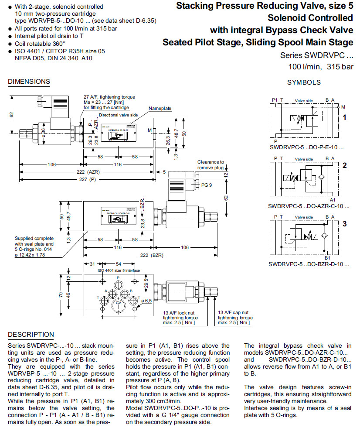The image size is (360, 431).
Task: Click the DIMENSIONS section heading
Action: tap(29, 82)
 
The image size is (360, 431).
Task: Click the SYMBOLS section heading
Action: tap(304, 82)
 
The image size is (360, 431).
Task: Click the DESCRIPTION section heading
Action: tap(31, 335)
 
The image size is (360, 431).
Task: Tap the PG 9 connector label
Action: tap(207, 185)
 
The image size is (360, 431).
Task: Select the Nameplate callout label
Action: tap(160, 108)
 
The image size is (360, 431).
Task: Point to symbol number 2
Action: tap(344, 165)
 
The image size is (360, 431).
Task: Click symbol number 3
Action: tap(344, 224)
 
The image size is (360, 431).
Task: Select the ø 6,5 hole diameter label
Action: tap(146, 301)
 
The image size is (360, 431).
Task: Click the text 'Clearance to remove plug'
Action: tap(211, 164)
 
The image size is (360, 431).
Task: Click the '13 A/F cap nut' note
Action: tap(234, 317)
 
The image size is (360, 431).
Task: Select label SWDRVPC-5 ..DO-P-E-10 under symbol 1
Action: tap(306, 147)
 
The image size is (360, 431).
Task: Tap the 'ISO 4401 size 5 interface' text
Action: tap(118, 270)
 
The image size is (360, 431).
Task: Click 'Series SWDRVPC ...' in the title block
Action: tap(316, 56)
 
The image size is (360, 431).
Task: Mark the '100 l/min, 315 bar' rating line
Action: tap(321, 67)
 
